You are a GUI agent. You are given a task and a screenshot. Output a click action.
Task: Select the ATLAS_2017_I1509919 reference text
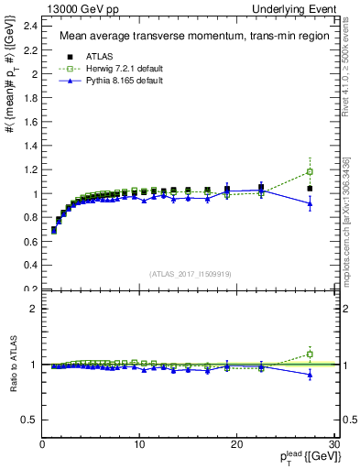click(190, 272)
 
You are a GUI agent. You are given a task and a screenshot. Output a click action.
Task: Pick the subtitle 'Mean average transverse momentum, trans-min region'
click(188, 37)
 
